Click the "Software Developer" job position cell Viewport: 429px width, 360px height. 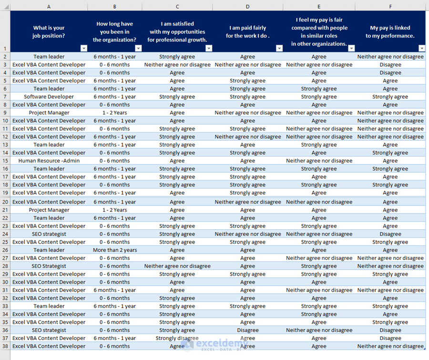pos(49,97)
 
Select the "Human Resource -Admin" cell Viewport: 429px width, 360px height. pos(49,161)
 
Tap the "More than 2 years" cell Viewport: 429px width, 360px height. pos(114,250)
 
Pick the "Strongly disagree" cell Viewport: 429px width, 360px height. pos(177,338)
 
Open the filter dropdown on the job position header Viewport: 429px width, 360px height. pos(84,48)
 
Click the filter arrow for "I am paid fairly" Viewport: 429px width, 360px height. pos(279,48)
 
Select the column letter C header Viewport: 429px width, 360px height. pos(177,7)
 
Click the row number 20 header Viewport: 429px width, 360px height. pos(5,202)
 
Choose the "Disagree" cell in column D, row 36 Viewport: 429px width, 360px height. pos(247,330)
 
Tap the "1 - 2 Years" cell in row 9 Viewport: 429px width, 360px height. pos(114,113)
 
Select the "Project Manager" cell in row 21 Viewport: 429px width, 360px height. pos(49,210)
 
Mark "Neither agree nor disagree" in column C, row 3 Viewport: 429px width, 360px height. pos(177,65)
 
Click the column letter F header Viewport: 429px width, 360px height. pos(390,7)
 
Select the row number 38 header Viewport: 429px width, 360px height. pos(5,346)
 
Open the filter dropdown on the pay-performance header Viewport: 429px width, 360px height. pos(421,48)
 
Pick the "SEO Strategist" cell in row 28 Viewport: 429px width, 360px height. pos(49,266)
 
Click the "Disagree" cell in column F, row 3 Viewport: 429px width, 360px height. pos(390,65)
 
